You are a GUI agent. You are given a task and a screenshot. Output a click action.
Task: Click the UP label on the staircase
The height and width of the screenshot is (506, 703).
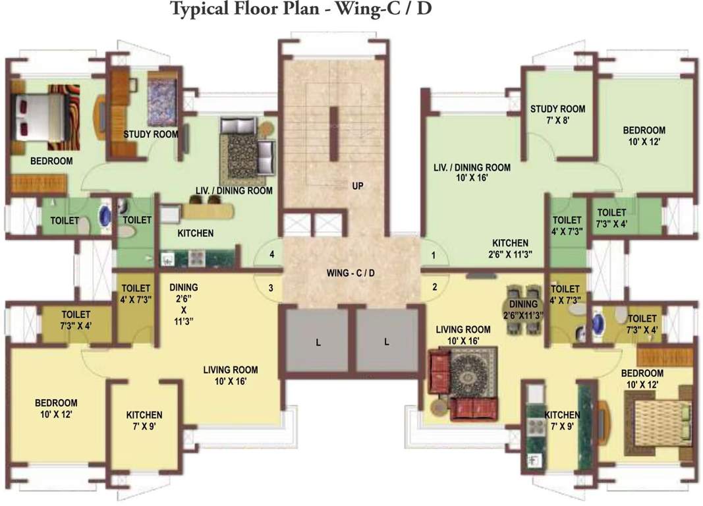358,186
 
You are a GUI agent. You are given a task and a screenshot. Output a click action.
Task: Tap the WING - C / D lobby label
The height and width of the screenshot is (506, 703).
351,273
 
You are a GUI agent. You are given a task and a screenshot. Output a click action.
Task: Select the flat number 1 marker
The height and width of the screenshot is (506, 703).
434,255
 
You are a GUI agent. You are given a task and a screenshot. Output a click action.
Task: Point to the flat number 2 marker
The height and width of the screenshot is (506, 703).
434,287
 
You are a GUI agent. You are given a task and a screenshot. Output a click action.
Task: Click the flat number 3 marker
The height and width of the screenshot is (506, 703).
271,287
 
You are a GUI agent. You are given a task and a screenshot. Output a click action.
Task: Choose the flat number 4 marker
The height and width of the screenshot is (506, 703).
271,254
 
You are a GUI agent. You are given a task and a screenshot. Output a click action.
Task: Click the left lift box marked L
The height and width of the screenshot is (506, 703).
318,341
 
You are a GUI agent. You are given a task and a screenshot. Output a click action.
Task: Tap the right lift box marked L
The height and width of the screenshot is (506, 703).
387,341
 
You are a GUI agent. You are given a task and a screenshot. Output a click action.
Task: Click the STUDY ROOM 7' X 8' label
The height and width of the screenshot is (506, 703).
557,115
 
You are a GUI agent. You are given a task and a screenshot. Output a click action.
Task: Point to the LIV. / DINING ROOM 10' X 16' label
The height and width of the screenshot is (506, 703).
472,173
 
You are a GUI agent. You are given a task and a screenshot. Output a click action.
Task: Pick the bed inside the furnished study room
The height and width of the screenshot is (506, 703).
162,102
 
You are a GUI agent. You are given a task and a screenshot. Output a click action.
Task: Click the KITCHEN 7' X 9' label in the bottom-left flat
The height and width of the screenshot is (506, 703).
144,420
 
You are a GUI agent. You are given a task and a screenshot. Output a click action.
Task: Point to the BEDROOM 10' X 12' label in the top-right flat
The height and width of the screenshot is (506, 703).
644,136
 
